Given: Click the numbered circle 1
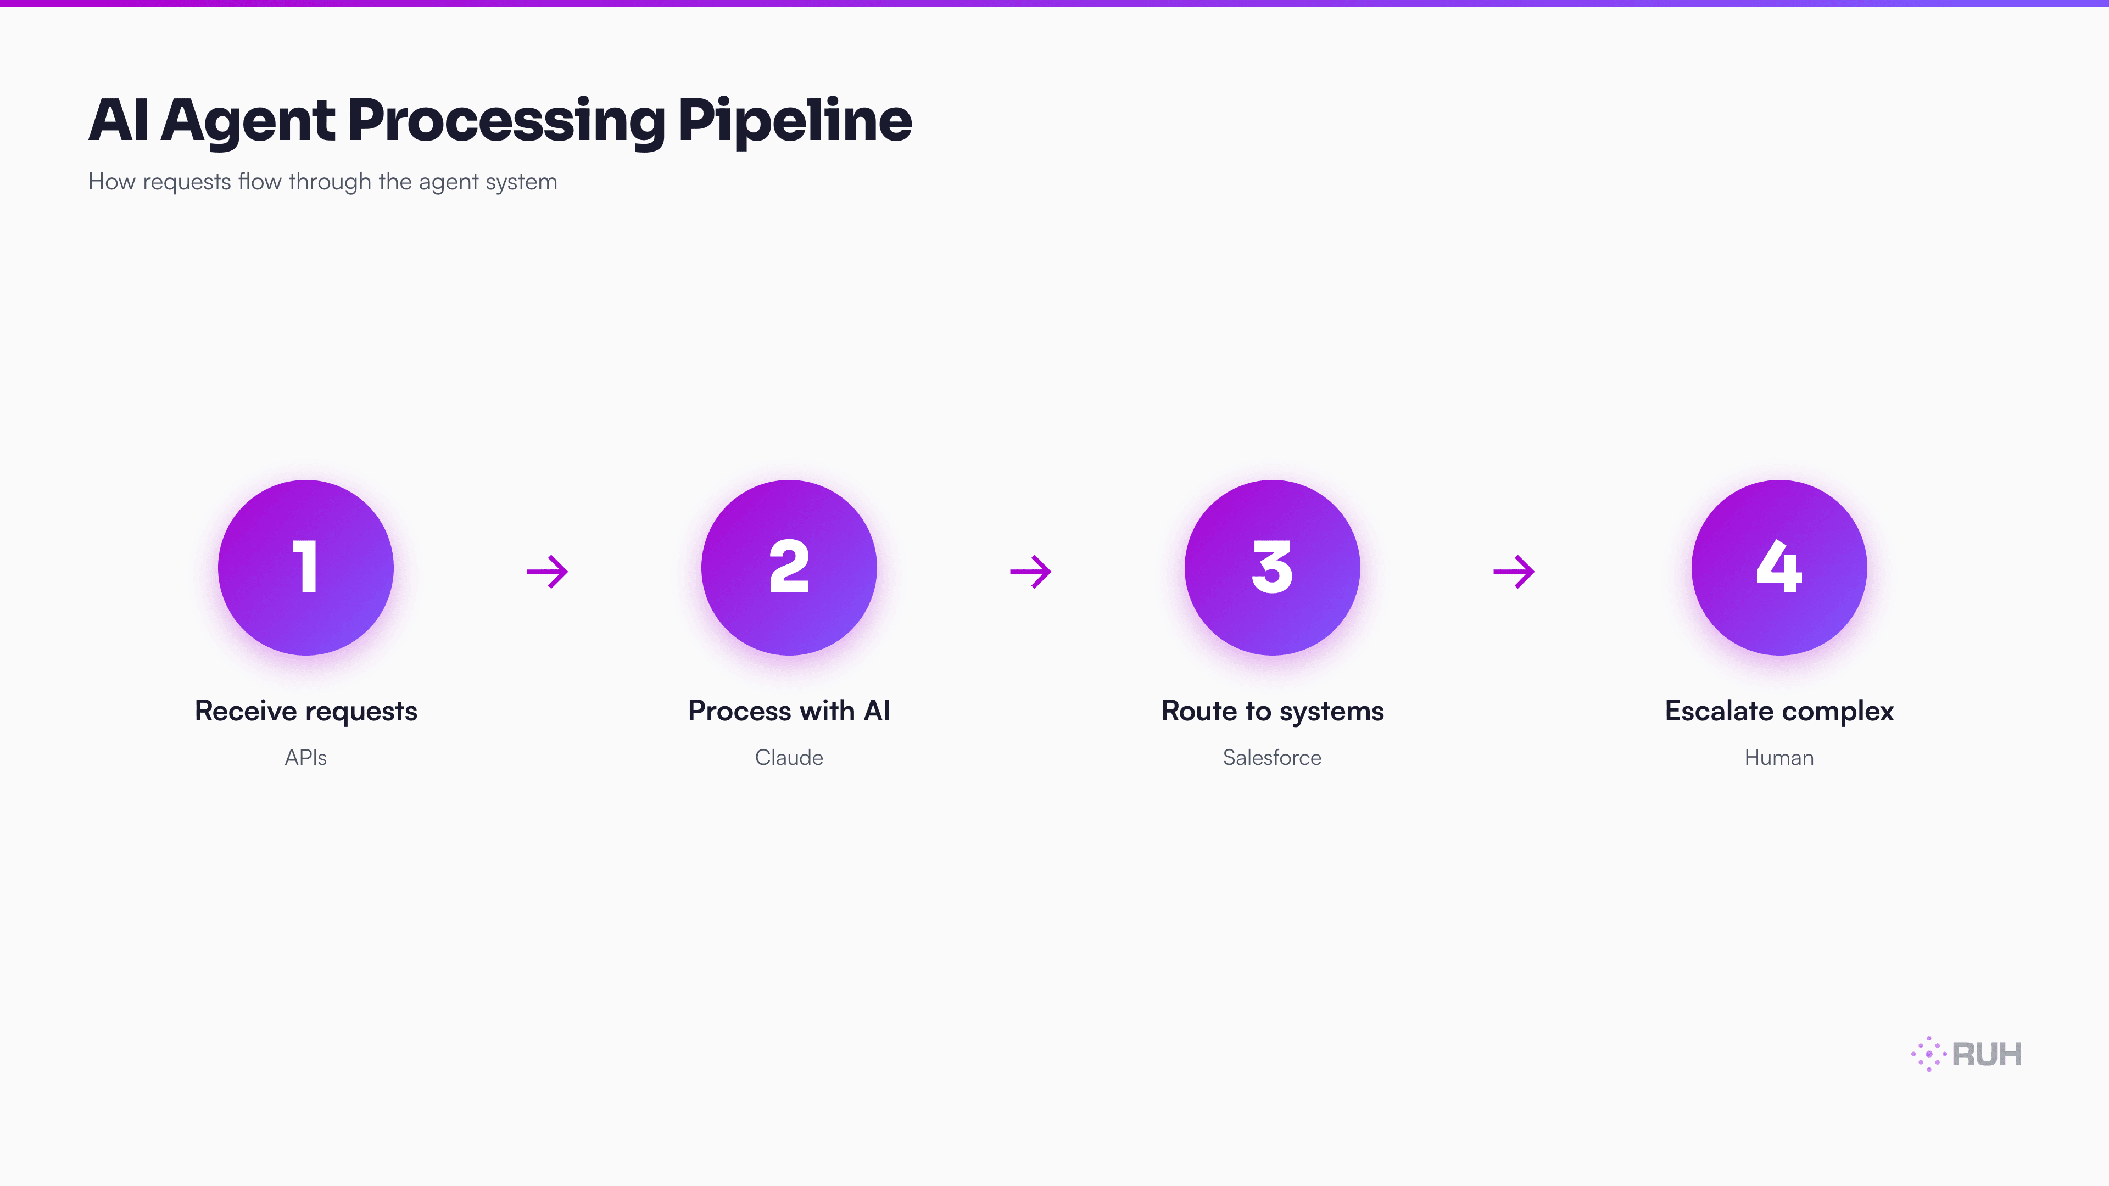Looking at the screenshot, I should pyautogui.click(x=305, y=567).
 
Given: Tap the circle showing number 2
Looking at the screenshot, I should pyautogui.click(x=789, y=567).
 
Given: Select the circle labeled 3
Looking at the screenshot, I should pyautogui.click(x=1271, y=567).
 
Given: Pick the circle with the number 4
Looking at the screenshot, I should pyautogui.click(x=1778, y=567).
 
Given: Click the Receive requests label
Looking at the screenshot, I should pyautogui.click(x=305, y=711).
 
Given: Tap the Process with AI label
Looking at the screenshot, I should pyautogui.click(x=789, y=711).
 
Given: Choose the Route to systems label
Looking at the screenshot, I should pyautogui.click(x=1271, y=711).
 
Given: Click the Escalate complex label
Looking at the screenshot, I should pyautogui.click(x=1778, y=711).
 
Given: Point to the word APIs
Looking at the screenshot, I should pyautogui.click(x=305, y=757).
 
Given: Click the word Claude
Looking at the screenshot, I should pyautogui.click(x=789, y=757).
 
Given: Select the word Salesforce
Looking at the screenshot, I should pyautogui.click(x=1271, y=757).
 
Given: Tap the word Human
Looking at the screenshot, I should pyautogui.click(x=1778, y=757).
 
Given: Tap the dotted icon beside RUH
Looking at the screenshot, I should pyautogui.click(x=1928, y=1054).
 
